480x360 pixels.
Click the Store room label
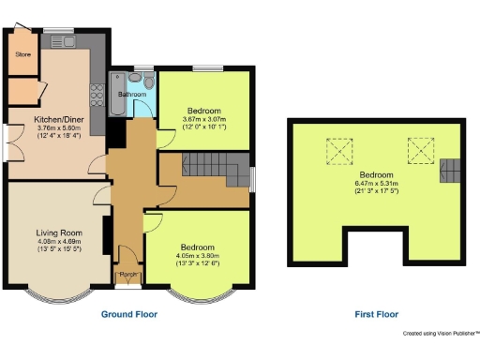point(22,55)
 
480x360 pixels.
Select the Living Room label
point(53,233)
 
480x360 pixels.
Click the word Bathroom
point(132,95)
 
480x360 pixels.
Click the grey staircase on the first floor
point(451,171)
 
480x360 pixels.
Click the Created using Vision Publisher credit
point(441,333)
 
